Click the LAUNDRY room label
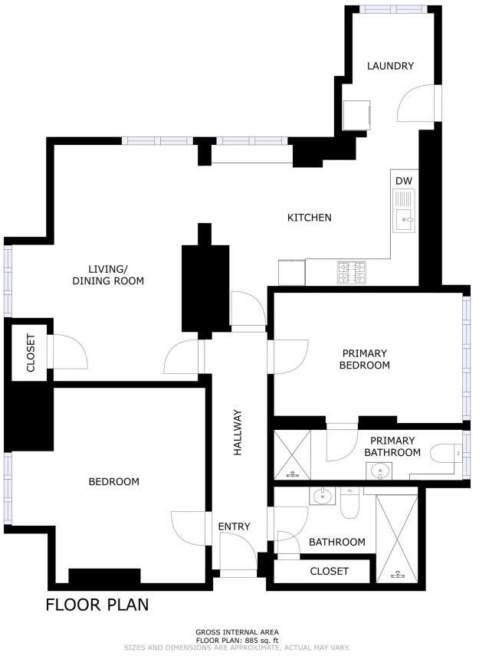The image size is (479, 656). (x=390, y=66)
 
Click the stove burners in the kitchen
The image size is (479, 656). (x=353, y=270)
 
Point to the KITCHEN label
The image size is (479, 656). (x=309, y=218)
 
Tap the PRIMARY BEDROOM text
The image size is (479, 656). (x=366, y=359)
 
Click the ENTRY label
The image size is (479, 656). (x=234, y=526)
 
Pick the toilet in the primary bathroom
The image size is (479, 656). (x=445, y=454)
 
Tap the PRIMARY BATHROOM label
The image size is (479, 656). (x=392, y=447)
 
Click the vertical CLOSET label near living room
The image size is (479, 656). (x=31, y=353)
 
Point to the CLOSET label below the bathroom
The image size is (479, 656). (x=329, y=571)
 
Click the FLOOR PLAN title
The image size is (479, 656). (x=97, y=605)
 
